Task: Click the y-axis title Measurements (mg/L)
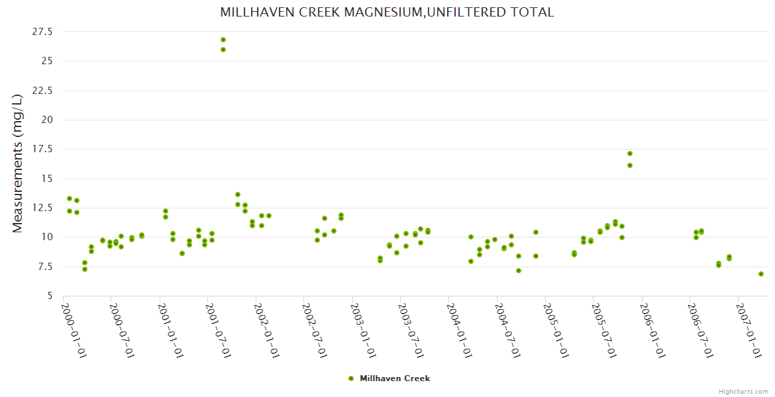tap(18, 163)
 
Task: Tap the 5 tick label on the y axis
tap(49, 296)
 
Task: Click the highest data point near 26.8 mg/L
tap(223, 40)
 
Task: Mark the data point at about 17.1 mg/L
tap(630, 154)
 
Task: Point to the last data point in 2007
tap(761, 274)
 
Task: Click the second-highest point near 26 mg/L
tap(223, 50)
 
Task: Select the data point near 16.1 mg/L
tap(630, 165)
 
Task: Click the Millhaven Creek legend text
tap(395, 378)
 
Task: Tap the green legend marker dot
tap(351, 378)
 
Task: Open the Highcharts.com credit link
tap(743, 391)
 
